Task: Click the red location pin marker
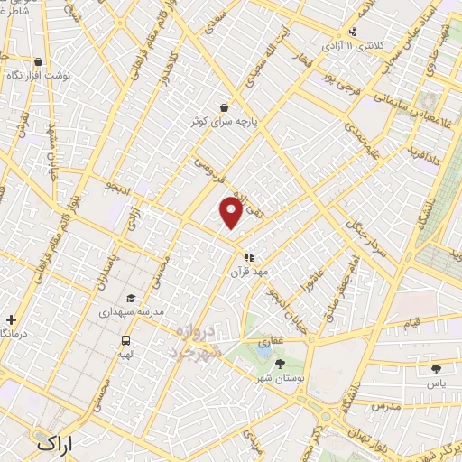point(232,213)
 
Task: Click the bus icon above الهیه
point(125,341)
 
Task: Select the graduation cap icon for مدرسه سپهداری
point(131,299)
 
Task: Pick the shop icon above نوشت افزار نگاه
point(37,62)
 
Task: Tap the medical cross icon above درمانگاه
point(10,320)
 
